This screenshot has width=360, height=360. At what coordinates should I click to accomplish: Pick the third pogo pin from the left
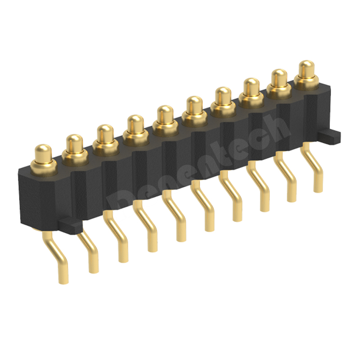105,134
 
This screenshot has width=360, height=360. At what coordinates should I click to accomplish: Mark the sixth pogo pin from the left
194,106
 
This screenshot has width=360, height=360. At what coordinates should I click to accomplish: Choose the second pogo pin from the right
279,78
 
